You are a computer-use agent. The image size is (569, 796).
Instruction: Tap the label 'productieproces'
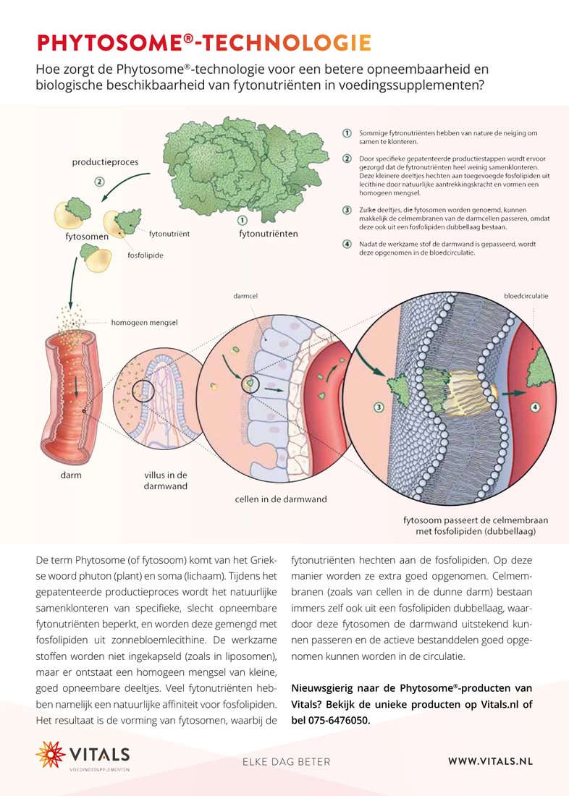coord(105,162)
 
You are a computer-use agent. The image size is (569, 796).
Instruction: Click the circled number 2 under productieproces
coord(100,181)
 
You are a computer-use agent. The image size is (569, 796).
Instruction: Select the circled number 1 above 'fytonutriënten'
coord(243,220)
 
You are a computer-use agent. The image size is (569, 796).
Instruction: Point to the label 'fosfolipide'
coord(146,255)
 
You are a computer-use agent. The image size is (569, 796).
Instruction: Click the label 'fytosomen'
coord(87,237)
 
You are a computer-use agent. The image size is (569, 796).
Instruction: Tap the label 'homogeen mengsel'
coord(144,322)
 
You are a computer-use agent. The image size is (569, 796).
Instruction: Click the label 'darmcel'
coord(245,295)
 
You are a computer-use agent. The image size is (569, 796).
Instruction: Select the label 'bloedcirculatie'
coord(526,296)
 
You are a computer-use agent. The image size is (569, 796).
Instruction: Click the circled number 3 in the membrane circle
coord(379,407)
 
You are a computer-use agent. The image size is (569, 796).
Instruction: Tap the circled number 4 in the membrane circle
coord(534,407)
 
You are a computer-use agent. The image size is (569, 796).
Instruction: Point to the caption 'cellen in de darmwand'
coord(281,499)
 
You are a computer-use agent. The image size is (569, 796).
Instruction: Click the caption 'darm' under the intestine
coord(71,475)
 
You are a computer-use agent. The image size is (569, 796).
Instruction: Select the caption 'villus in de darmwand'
coord(166,480)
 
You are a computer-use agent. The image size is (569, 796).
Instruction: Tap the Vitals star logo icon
coord(50,754)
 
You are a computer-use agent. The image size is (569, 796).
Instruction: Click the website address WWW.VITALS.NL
coord(490,761)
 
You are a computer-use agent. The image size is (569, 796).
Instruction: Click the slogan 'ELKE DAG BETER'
coord(287,761)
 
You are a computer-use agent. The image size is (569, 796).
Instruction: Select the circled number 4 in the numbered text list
coord(347,244)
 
